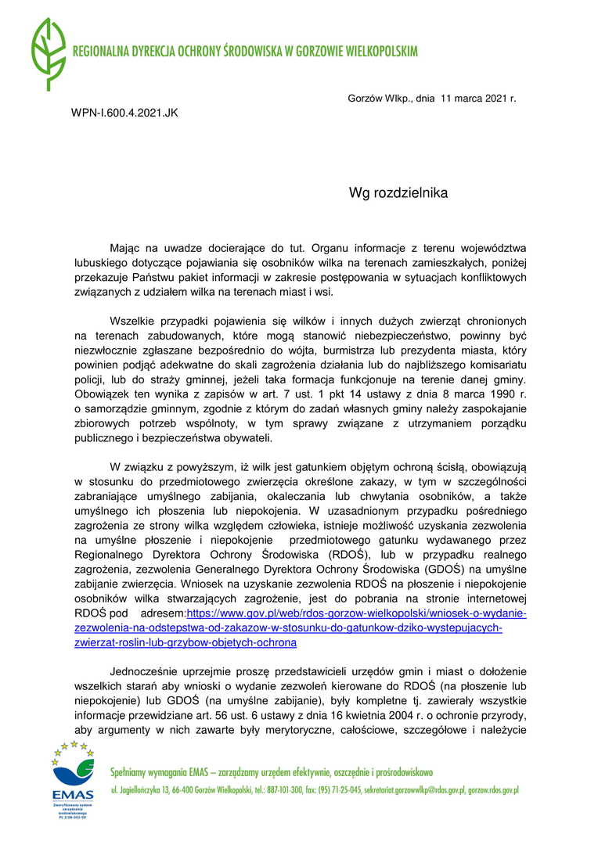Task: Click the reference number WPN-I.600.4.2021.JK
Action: point(124,113)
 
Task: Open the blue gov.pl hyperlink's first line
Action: point(356,613)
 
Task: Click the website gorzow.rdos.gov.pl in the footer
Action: point(493,790)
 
